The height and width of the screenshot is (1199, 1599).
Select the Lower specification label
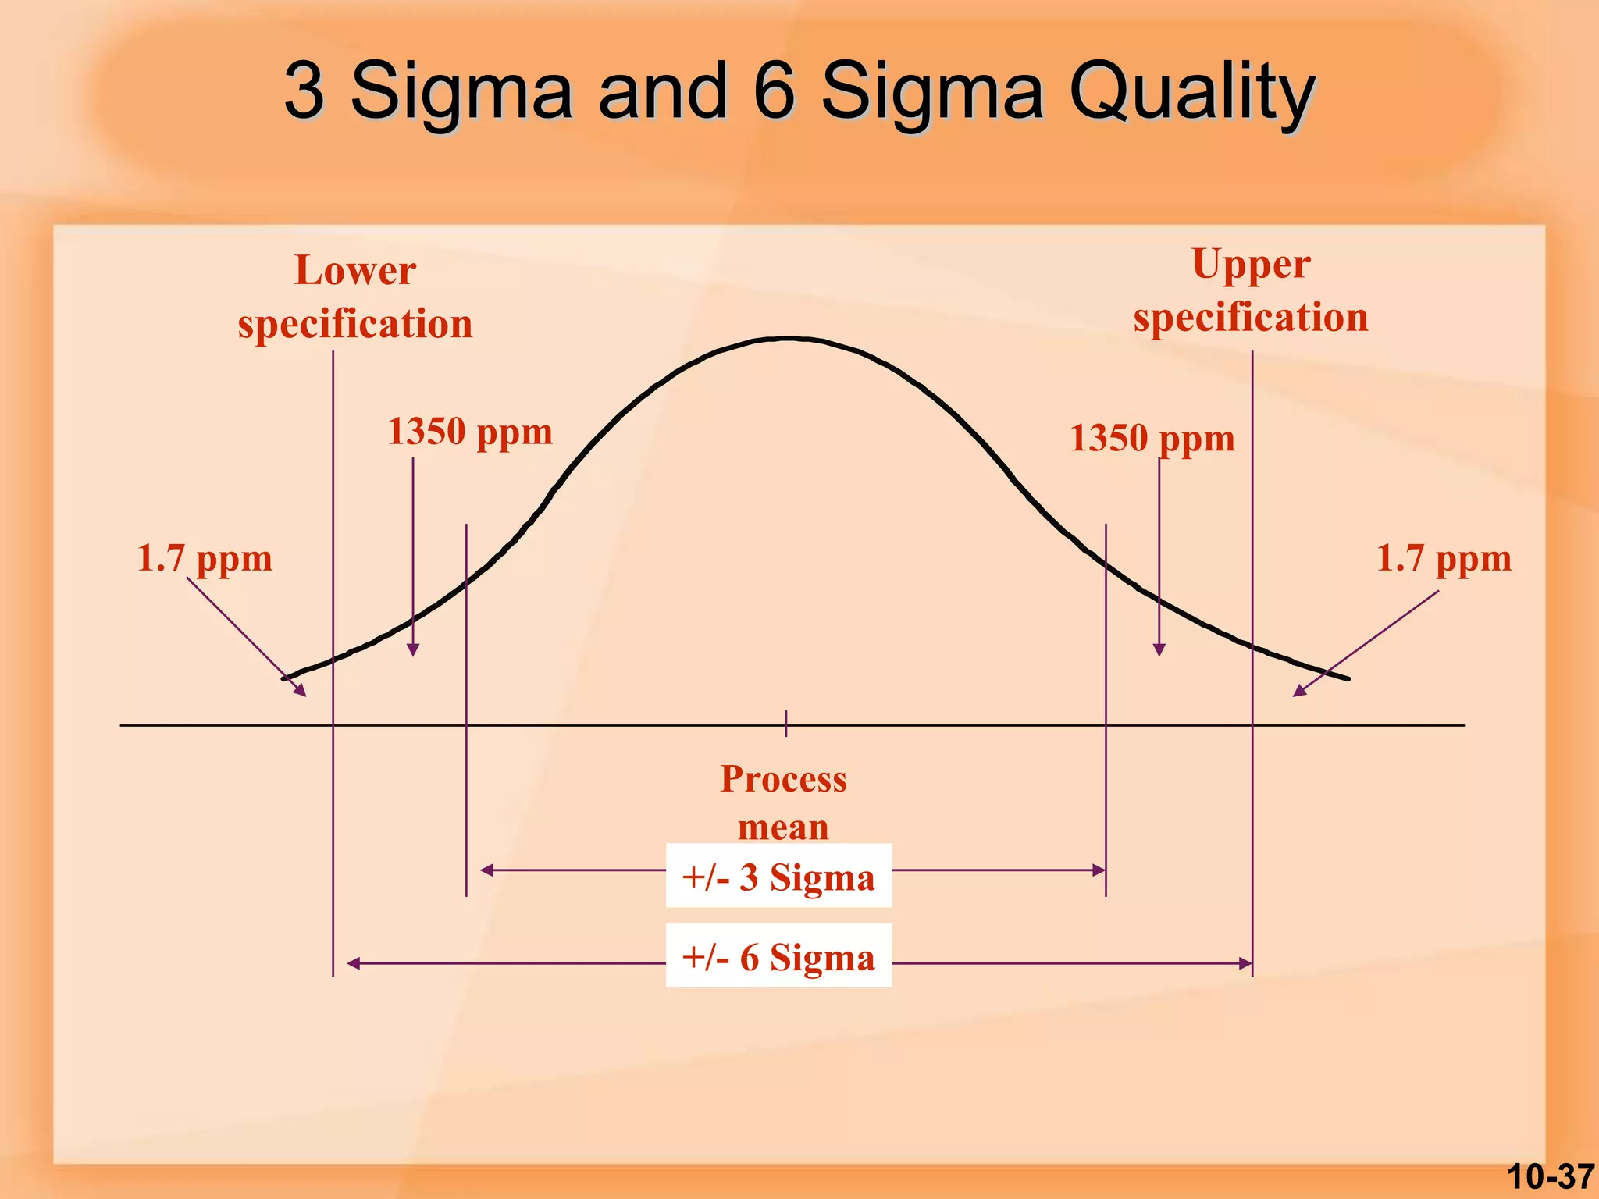pos(355,297)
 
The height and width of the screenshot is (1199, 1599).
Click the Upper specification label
pos(1251,290)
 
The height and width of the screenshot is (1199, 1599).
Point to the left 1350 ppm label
pos(470,432)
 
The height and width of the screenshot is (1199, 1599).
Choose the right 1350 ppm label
pos(1152,438)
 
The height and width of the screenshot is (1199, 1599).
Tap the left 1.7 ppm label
pos(205,559)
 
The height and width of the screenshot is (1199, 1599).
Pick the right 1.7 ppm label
pos(1444,559)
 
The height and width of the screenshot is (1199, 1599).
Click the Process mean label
pos(783,802)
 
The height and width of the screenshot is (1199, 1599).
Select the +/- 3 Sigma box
pos(778,876)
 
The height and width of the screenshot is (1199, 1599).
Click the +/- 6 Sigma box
pos(778,956)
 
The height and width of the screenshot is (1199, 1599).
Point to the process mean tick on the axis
pos(786,724)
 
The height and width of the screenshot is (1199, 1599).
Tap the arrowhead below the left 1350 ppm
pos(414,650)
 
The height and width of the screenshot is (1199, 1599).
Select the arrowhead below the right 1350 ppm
pos(1159,650)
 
